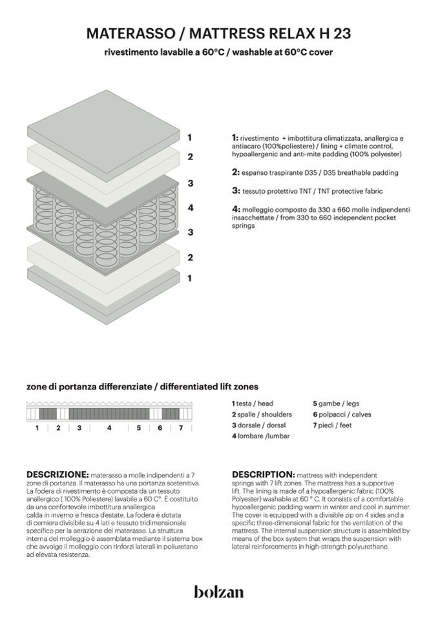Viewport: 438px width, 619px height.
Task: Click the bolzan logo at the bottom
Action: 218,591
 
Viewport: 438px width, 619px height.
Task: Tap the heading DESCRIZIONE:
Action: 57,474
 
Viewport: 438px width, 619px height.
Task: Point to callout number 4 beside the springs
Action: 190,208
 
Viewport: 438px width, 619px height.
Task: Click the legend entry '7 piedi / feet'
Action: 332,426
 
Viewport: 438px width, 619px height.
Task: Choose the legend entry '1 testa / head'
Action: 253,403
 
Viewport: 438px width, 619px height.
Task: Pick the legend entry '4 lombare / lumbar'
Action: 260,437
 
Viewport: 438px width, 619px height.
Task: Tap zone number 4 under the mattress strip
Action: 109,428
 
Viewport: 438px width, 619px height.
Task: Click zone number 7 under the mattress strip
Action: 180,428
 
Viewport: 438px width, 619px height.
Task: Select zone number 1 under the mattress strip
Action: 37,428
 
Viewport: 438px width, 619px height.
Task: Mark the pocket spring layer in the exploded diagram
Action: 103,213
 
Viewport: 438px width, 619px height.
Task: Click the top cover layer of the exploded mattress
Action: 103,126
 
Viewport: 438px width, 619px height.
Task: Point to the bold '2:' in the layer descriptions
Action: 236,172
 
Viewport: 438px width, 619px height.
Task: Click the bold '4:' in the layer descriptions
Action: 236,209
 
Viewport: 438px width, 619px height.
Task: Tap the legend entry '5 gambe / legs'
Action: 336,403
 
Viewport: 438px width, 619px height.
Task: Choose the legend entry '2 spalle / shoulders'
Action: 262,414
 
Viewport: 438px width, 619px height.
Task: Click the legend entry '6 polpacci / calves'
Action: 342,414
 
